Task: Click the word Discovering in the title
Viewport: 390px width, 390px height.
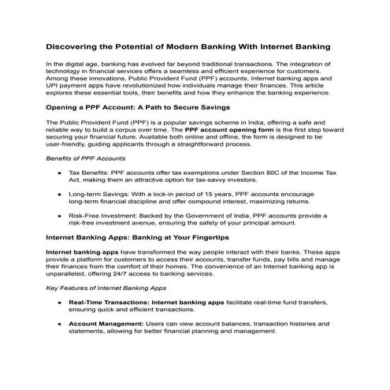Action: pyautogui.click(x=76, y=46)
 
